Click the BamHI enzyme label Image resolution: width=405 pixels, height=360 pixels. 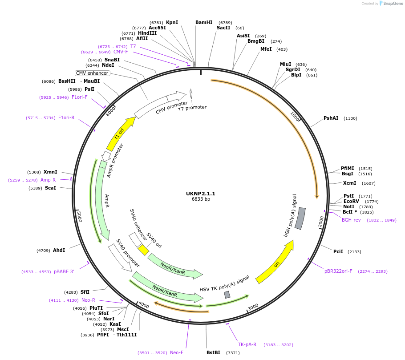pyautogui.click(x=204, y=22)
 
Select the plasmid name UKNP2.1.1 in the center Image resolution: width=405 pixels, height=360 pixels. pyautogui.click(x=200, y=194)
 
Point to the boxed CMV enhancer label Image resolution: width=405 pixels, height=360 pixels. pyautogui.click(x=92, y=73)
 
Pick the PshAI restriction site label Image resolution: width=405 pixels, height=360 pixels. pyautogui.click(x=331, y=118)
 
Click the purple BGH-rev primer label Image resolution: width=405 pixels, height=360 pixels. pyautogui.click(x=351, y=220)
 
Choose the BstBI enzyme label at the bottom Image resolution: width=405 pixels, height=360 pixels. pyautogui.click(x=213, y=352)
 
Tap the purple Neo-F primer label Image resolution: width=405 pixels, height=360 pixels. pyautogui.click(x=177, y=352)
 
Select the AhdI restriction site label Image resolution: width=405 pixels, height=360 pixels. pyautogui.click(x=59, y=250)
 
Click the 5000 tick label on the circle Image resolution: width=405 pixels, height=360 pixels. pyautogui.click(x=79, y=217)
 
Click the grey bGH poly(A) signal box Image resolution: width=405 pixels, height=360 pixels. pyautogui.click(x=300, y=218)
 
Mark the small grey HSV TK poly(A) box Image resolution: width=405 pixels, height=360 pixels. pyautogui.click(x=227, y=295)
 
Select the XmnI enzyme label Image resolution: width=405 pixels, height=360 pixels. pyautogui.click(x=50, y=172)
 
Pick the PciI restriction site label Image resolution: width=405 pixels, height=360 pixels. pyautogui.click(x=338, y=251)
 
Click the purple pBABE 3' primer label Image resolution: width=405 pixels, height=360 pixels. pyautogui.click(x=64, y=271)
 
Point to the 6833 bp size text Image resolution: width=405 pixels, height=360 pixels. pyautogui.click(x=201, y=199)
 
